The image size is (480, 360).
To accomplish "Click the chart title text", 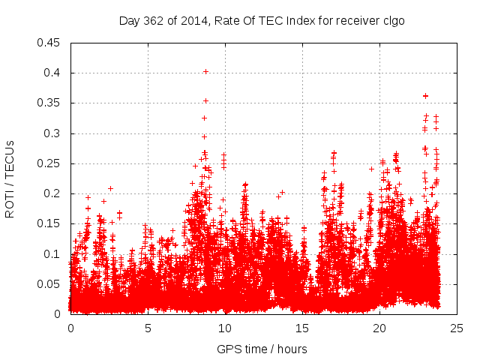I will click(262, 20).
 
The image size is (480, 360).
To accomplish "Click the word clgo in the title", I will click(393, 20).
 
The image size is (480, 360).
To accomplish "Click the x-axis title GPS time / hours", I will click(262, 349).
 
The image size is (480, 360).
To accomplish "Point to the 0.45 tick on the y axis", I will click(49, 43).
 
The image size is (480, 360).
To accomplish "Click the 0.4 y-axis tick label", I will click(52, 73).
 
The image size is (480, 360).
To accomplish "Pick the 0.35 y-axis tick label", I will click(49, 103).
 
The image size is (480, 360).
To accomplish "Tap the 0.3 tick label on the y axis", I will click(52, 133).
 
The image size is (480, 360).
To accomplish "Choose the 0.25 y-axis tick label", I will click(49, 163).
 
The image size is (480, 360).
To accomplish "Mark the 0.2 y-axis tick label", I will click(52, 193).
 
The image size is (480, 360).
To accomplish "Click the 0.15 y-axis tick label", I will click(49, 223).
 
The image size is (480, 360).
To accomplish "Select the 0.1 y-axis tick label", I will click(52, 254).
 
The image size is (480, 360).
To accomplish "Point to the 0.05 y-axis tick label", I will click(49, 284).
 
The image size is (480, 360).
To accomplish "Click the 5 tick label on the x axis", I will click(148, 328).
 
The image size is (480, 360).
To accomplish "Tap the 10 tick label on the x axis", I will click(225, 328).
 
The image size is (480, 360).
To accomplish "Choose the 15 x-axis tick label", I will click(302, 328).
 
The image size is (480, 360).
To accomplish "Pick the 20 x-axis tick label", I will click(379, 328).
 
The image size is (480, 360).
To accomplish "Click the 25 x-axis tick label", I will click(457, 328).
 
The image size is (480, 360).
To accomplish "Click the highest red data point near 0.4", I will click(205, 72).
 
